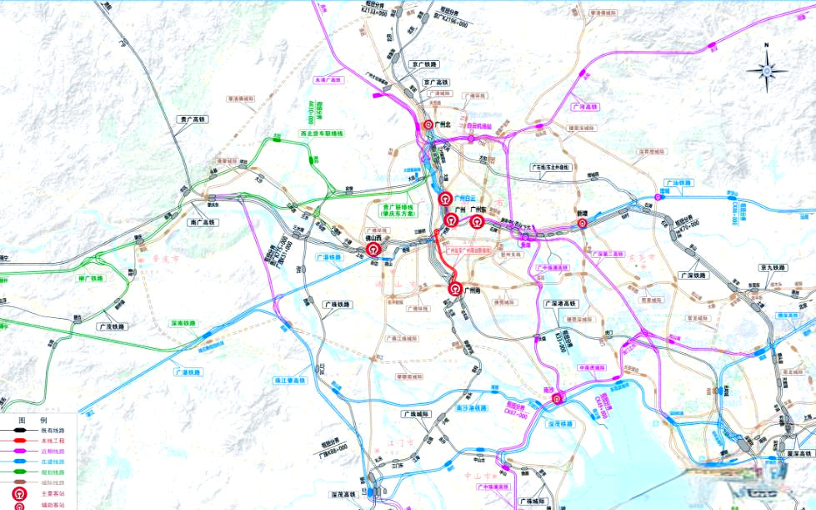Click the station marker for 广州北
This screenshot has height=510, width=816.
click(x=423, y=127)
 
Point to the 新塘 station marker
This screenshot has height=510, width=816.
click(x=583, y=223)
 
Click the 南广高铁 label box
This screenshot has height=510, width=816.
click(x=203, y=223)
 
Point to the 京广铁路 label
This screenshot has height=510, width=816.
click(x=424, y=64)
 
